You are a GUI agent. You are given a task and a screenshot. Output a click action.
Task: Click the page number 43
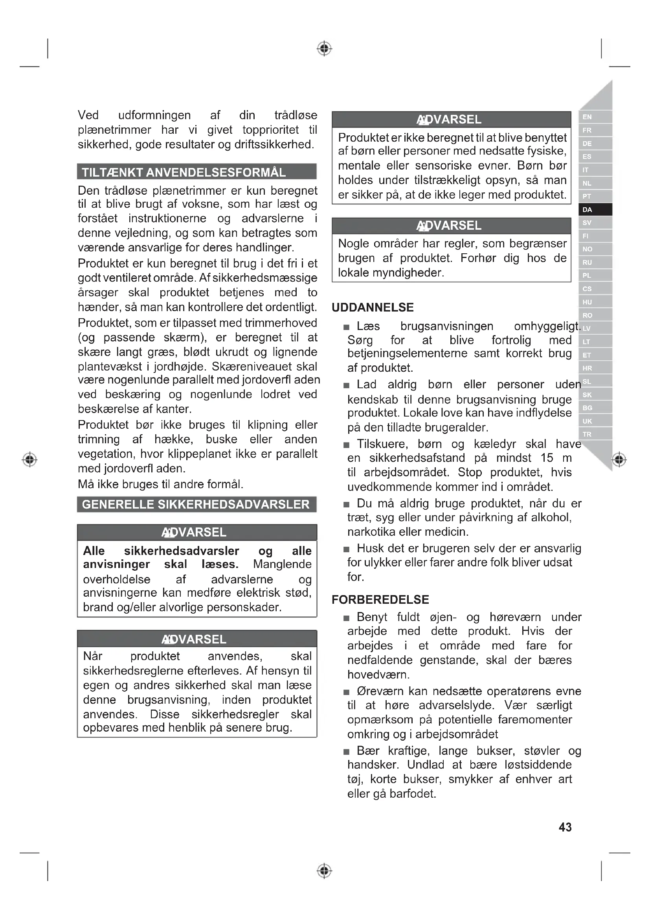click(565, 827)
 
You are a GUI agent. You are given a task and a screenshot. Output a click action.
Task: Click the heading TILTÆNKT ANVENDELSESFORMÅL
click(184, 172)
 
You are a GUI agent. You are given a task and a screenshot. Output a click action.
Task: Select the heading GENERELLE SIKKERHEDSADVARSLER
click(196, 504)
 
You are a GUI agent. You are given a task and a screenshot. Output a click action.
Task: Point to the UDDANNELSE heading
click(373, 308)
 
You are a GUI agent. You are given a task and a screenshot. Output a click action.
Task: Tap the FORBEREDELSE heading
click(380, 599)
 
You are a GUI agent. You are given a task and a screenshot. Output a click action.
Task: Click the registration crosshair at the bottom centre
click(325, 871)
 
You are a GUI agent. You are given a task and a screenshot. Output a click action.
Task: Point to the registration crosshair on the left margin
click(29, 459)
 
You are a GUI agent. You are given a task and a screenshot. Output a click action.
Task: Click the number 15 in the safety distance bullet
click(547, 457)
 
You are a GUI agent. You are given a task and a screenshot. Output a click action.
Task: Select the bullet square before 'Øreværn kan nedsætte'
click(347, 692)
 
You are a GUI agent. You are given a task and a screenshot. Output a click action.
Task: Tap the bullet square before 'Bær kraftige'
click(347, 752)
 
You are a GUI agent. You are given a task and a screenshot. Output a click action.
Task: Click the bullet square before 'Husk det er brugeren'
click(347, 549)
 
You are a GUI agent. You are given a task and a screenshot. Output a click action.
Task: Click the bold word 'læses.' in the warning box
click(220, 564)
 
